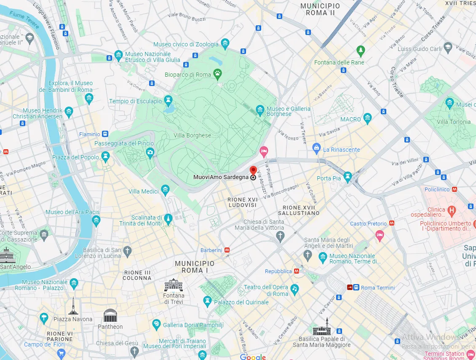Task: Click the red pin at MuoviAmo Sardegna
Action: coord(253,171)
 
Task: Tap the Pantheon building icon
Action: coord(110,315)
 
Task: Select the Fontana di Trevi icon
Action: coord(174,285)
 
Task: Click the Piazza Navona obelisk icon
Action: coord(73,306)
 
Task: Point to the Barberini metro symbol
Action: coord(227,250)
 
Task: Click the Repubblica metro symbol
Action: coord(297,271)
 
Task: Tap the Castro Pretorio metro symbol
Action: coord(392,223)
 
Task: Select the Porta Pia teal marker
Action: coord(348,175)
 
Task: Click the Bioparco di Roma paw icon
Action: coord(217,74)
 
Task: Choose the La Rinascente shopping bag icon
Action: coord(316,148)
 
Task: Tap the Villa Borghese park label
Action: coord(193,135)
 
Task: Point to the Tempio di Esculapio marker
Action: coord(168,99)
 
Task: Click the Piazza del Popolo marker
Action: coord(105,156)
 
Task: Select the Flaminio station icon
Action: coord(105,134)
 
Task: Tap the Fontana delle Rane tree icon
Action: coord(360,51)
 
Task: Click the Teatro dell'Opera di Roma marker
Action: coord(295,288)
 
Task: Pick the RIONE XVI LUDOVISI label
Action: coord(242,202)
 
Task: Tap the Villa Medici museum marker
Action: coord(165,189)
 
